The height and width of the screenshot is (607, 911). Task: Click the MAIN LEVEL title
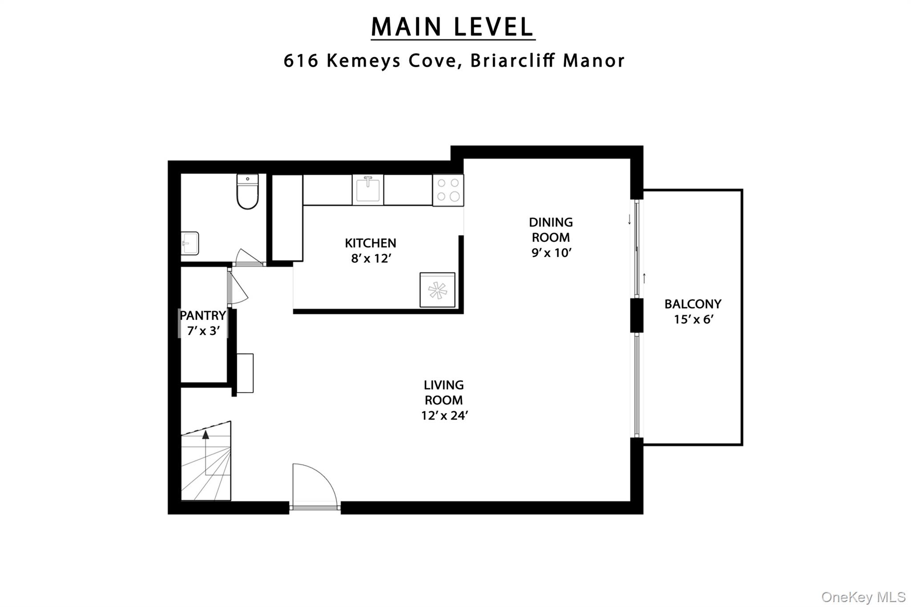click(452, 27)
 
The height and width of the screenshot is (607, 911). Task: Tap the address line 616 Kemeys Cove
click(454, 61)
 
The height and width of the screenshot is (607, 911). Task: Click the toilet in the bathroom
click(247, 192)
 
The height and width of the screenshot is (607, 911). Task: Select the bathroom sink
click(190, 243)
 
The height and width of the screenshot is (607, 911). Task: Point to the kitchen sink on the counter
click(368, 190)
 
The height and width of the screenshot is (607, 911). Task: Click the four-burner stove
click(448, 190)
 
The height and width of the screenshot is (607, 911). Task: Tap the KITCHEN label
click(370, 243)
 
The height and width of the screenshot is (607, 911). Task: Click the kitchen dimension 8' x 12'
click(371, 258)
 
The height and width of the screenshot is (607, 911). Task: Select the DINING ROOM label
click(551, 229)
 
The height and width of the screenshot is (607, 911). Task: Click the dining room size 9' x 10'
click(551, 253)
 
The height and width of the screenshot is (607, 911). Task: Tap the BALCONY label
click(693, 304)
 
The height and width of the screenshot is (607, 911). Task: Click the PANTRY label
click(203, 316)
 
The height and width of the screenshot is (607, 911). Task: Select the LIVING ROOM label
click(443, 392)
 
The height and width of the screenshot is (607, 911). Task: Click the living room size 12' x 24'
click(444, 415)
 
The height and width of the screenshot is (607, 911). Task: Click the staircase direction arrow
click(206, 435)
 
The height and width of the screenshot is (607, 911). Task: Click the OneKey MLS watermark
click(863, 597)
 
